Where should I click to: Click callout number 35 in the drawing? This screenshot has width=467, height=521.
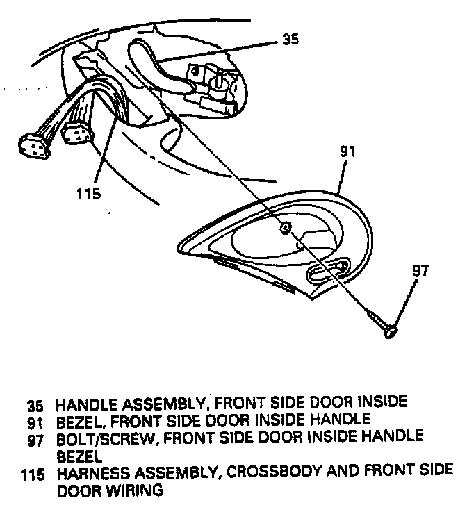[x=291, y=40]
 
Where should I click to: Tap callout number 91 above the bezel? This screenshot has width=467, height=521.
[x=347, y=150]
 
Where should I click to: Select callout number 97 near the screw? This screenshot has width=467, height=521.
[x=420, y=271]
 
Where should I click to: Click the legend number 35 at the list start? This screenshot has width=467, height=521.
[x=35, y=404]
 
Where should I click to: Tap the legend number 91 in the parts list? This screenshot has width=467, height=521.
[x=35, y=420]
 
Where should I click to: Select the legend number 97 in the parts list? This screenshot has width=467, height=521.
[x=35, y=437]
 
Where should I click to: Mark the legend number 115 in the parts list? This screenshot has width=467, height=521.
[x=31, y=474]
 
